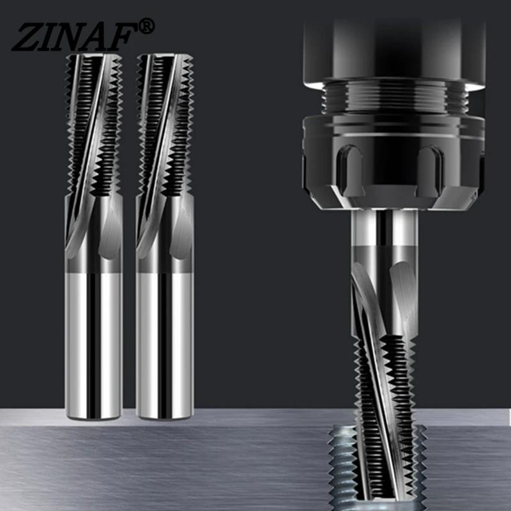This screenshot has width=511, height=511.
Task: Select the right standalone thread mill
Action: (165, 236)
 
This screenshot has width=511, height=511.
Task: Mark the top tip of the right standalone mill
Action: (165, 56)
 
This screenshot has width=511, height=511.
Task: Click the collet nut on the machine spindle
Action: (390, 160)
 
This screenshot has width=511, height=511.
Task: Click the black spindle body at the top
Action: (390, 45)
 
